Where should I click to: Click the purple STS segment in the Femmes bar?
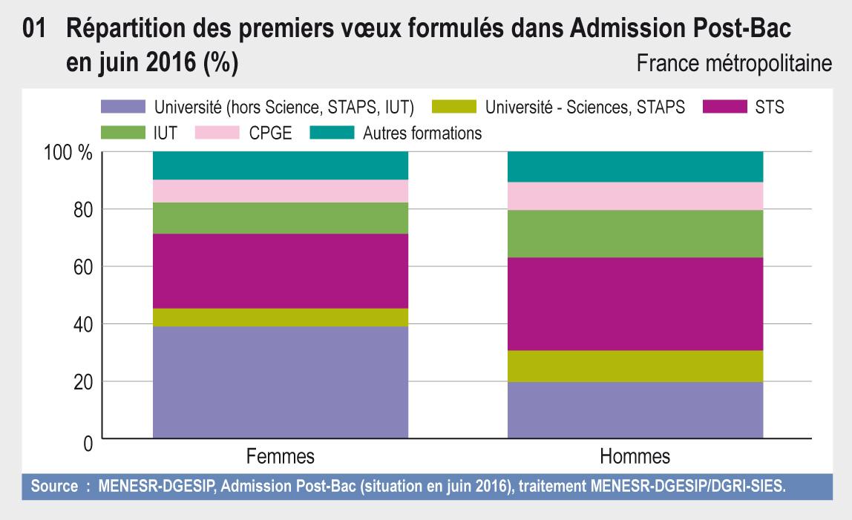(x=281, y=271)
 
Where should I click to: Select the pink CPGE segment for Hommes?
(x=635, y=196)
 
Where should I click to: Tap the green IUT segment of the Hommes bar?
(x=635, y=234)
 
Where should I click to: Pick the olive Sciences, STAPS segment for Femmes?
(x=281, y=317)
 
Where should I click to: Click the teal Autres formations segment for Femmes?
(x=281, y=165)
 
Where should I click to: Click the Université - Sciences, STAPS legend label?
(x=585, y=108)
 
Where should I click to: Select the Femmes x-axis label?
(x=280, y=454)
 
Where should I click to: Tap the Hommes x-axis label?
(x=635, y=454)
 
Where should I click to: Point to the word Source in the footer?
(x=54, y=487)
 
